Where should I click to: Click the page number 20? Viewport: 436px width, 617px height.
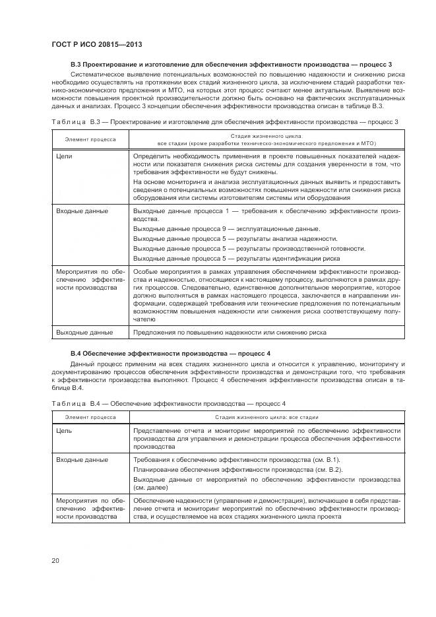[55, 561]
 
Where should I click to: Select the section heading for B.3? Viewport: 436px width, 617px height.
[231, 64]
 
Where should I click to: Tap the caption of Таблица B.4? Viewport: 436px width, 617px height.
[168, 403]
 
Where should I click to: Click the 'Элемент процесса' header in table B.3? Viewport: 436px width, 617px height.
[90, 139]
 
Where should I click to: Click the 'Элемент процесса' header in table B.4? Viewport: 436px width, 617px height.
[90, 417]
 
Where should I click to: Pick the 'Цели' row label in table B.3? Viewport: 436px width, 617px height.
[65, 156]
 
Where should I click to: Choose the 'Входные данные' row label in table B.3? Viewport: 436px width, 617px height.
[82, 211]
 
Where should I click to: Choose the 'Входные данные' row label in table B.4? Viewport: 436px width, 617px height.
[82, 459]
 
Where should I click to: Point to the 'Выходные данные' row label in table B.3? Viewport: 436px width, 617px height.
[84, 333]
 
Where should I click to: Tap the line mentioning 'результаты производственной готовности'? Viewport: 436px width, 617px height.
[249, 248]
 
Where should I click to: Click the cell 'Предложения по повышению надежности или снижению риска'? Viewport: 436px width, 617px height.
[230, 333]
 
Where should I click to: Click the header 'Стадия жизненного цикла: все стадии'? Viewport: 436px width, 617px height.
[266, 417]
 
